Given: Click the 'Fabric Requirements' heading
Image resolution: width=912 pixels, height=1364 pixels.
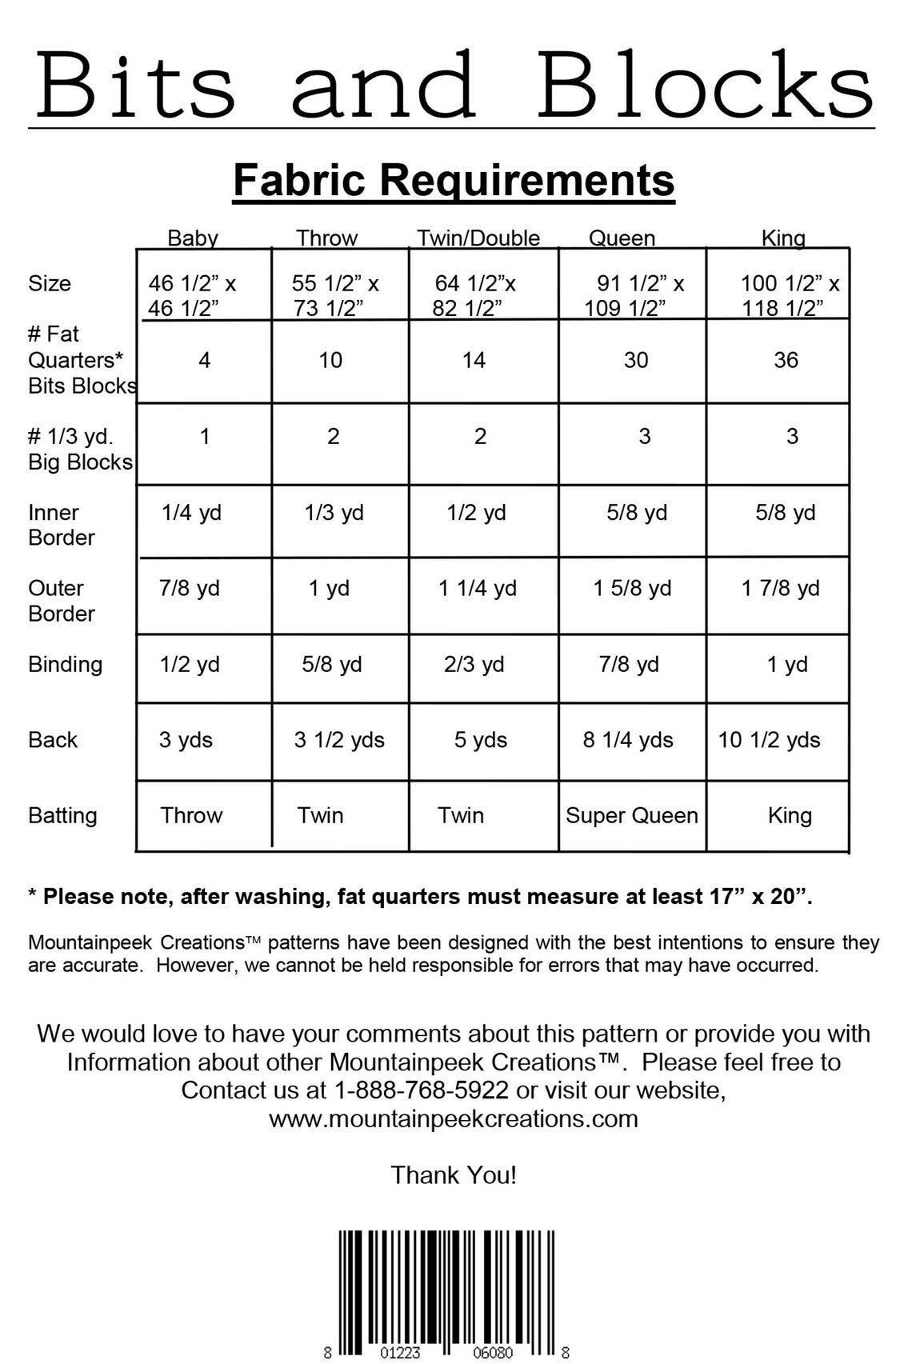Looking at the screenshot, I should click(454, 181).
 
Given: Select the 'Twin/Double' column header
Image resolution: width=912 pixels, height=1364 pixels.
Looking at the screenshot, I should click(478, 238).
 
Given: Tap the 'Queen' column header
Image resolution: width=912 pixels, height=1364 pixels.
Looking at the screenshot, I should click(622, 238).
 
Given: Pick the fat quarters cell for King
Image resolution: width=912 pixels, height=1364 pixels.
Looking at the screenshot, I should click(786, 361).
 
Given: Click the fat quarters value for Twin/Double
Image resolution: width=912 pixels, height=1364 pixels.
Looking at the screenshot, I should click(474, 361).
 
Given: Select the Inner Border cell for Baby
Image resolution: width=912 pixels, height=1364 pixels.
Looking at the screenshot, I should click(191, 513).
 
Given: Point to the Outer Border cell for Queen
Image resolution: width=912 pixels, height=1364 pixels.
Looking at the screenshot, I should click(632, 589).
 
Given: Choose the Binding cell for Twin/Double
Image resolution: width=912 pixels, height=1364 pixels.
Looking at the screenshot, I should click(474, 665).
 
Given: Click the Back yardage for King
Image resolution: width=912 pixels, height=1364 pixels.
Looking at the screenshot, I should click(769, 740).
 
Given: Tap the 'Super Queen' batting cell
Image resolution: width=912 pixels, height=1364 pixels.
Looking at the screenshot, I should click(632, 816).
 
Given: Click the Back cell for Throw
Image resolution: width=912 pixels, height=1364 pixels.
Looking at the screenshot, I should click(339, 740).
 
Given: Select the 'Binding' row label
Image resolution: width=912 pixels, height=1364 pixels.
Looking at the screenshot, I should click(66, 665).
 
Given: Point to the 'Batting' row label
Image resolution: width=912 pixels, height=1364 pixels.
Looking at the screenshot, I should click(62, 816).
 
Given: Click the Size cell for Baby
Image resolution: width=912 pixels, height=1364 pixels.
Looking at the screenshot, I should click(192, 295).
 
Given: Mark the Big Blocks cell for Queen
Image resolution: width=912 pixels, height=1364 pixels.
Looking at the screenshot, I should click(644, 437).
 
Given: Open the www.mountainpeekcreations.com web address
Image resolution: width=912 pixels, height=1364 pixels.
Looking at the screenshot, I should click(454, 1118).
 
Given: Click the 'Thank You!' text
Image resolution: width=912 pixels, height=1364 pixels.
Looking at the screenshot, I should click(454, 1175).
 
